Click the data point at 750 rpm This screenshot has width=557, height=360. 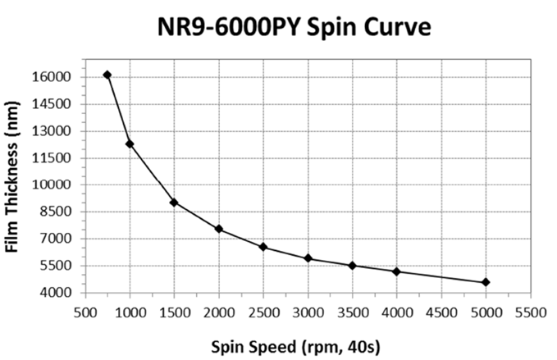tap(107, 75)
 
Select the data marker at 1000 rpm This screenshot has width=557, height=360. tap(130, 144)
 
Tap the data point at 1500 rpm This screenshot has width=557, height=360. tap(174, 203)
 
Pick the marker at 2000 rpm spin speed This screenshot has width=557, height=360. tap(219, 229)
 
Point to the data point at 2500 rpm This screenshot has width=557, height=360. tap(263, 247)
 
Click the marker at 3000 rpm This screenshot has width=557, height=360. tap(308, 258)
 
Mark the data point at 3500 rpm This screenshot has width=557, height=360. tap(353, 266)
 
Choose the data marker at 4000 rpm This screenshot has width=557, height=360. tap(397, 271)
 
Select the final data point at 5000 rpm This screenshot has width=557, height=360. tap(486, 282)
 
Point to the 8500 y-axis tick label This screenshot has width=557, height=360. tap(57, 212)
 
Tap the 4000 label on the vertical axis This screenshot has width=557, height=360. tap(57, 293)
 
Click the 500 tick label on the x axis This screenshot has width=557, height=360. tap(84, 312)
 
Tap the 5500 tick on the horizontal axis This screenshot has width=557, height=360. tap(531, 312)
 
